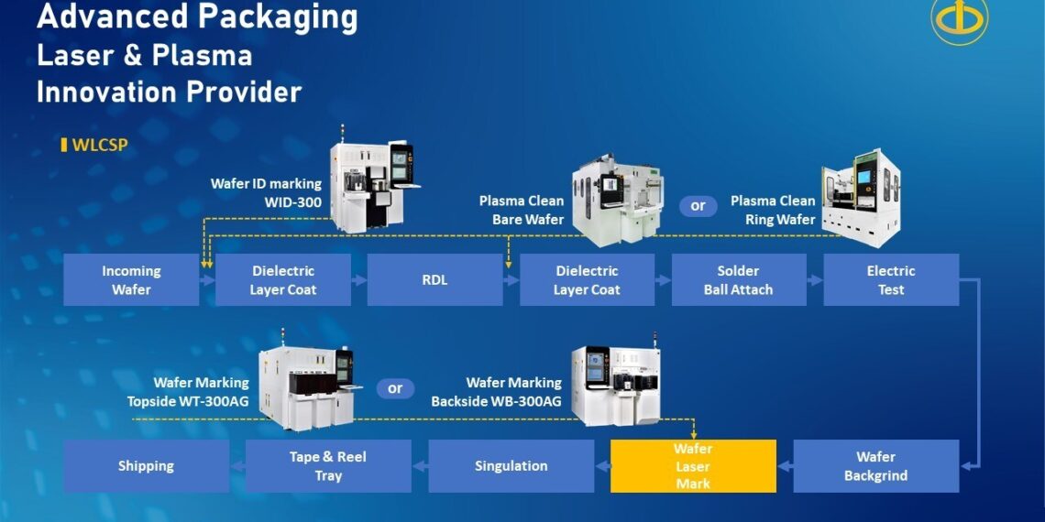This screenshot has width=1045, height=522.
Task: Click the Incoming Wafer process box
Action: [131, 280]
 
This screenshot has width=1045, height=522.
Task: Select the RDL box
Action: [434, 280]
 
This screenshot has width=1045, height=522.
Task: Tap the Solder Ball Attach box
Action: [738, 280]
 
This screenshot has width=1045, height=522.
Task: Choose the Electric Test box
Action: [890, 280]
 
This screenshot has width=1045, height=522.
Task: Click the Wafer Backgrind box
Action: [875, 466]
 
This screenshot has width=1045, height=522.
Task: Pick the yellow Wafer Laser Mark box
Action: [693, 466]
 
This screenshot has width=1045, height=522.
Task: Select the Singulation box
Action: [511, 466]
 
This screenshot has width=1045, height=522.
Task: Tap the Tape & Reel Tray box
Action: [328, 466]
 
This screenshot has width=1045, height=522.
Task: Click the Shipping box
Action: [146, 466]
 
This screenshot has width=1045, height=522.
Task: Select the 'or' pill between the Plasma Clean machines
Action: [698, 206]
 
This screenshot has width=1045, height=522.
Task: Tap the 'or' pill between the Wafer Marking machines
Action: [395, 388]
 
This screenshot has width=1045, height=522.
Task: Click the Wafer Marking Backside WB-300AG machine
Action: [617, 385]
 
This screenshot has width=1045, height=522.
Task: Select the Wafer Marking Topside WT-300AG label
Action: [188, 392]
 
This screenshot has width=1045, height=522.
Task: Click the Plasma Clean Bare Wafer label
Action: [521, 210]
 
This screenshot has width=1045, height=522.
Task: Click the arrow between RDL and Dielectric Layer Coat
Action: [511, 280]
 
